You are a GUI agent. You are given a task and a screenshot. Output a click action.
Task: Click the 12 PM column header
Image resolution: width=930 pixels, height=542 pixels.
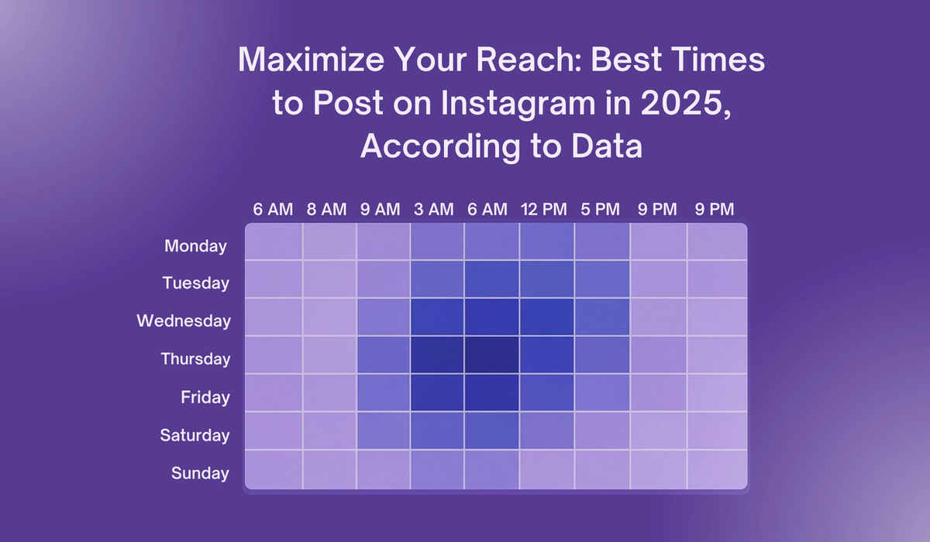[x=546, y=209]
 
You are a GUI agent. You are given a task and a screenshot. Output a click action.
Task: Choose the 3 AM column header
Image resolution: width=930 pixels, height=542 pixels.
[x=433, y=209]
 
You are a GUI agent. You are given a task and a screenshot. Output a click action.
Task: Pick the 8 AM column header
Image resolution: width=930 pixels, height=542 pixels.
[x=326, y=209]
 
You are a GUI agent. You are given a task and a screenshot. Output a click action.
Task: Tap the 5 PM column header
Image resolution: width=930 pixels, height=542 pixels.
[x=601, y=209]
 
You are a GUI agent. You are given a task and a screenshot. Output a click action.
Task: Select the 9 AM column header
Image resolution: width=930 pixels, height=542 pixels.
[x=380, y=209]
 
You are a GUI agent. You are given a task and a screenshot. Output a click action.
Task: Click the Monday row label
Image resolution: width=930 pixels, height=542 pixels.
[x=195, y=246]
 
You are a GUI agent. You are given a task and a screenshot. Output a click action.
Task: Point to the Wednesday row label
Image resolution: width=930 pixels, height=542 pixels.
[x=184, y=321]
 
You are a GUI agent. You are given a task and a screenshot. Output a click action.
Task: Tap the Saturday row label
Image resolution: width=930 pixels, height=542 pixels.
[x=195, y=435]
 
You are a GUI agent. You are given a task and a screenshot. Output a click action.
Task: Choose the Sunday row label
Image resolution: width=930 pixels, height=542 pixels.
[x=200, y=473]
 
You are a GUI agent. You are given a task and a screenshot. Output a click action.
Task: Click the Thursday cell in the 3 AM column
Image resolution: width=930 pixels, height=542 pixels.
[x=437, y=355]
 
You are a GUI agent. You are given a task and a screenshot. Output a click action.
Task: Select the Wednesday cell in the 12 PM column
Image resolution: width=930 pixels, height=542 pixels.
[x=546, y=317]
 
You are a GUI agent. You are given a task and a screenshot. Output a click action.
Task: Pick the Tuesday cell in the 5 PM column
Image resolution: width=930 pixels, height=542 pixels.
[x=601, y=280]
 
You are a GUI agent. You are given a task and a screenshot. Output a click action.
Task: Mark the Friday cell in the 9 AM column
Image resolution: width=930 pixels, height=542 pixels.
[x=383, y=393]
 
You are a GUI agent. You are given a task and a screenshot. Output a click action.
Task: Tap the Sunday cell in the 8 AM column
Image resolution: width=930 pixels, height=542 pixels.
[x=329, y=469]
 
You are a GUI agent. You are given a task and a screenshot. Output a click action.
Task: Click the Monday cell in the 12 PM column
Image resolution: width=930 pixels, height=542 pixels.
[x=546, y=242]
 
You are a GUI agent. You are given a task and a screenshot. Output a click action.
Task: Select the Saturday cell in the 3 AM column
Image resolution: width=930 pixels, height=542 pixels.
[x=437, y=431]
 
